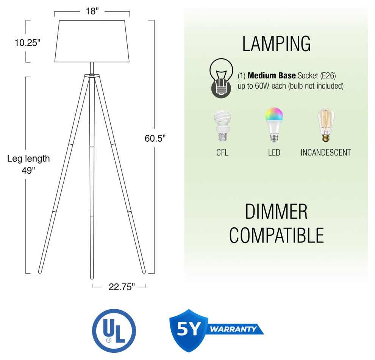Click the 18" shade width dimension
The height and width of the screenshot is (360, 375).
coord(92,11)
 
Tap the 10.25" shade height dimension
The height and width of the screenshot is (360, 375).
coord(28,43)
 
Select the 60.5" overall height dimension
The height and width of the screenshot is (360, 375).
coord(155,138)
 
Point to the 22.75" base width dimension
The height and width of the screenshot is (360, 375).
coord(122,287)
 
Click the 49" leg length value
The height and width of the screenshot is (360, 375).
coord(28,171)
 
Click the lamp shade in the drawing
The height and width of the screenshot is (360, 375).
coord(92,41)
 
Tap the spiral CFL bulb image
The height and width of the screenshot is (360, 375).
coord(222,125)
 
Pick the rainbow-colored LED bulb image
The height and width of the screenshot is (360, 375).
coord(274,125)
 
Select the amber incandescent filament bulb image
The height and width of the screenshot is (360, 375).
coord(326,125)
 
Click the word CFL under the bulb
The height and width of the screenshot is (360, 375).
coord(222,153)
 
